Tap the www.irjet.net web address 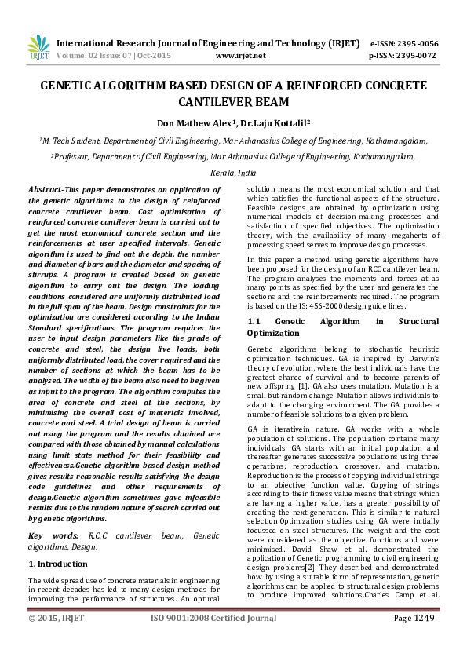(240, 56)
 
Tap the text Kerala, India (233, 172)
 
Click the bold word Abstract (45, 190)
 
